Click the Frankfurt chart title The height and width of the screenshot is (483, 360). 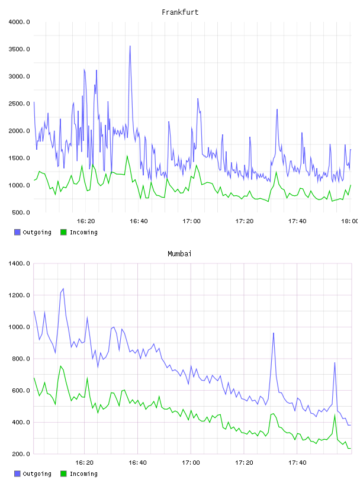point(180,12)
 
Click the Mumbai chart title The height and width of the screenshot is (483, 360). point(179,254)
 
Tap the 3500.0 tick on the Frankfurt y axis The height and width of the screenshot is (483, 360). point(19,49)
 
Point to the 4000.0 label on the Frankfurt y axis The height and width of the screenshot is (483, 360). point(19,22)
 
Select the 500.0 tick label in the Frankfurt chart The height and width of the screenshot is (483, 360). point(21,212)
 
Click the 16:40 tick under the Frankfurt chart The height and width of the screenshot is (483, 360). point(139,221)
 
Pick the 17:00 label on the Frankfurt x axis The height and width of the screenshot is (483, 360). point(191,221)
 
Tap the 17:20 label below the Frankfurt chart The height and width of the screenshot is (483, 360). point(245,221)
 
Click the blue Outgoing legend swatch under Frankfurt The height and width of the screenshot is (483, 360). point(17,232)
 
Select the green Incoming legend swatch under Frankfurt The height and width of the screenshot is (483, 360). point(63,232)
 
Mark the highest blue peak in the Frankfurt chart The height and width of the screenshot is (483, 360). point(130,46)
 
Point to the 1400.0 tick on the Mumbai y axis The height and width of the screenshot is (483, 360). point(19,263)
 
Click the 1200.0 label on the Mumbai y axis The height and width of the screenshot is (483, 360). point(19,295)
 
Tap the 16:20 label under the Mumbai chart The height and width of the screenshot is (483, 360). point(85,463)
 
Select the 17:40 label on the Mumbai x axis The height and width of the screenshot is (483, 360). point(297,463)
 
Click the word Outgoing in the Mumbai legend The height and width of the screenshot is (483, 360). point(37,474)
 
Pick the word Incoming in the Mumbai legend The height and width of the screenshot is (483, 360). point(83,474)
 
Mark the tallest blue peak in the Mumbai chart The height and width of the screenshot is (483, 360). point(63,289)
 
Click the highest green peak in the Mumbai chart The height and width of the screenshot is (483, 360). point(61,366)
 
